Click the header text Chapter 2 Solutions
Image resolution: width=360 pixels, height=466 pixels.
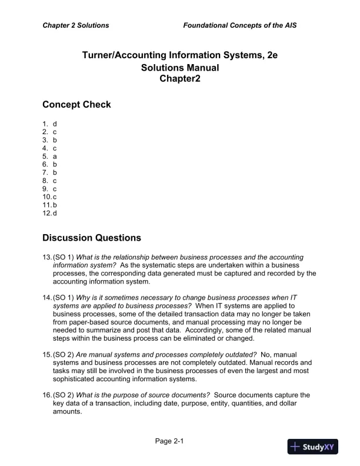pos(75,26)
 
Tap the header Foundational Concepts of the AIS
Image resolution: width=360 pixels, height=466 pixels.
pos(244,26)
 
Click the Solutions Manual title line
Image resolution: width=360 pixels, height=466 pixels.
pos(180,68)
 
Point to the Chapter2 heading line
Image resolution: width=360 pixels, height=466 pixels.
pos(180,79)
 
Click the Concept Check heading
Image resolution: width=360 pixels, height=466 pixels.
pos(76,105)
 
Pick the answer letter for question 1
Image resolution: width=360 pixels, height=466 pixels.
pos(55,124)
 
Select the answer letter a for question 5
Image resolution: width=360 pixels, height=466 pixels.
pos(55,157)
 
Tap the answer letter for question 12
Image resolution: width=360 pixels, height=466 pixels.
pos(55,213)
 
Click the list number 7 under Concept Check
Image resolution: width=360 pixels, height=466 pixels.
pos(45,173)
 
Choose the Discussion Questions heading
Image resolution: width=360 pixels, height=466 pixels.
pos(92,238)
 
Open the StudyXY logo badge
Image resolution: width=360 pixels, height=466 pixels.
pos(313,447)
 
